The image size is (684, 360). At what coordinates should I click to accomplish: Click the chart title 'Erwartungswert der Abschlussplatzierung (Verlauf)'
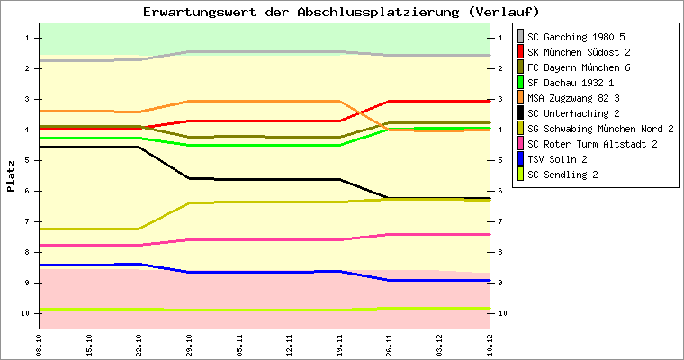(341, 12)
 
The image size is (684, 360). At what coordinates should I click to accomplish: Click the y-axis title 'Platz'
(11, 176)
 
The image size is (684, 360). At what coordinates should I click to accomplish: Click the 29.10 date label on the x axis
(189, 344)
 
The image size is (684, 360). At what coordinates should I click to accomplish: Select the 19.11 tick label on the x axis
(339, 344)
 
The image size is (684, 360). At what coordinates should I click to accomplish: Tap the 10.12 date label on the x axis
(489, 344)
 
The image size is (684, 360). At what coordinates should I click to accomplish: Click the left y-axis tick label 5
(28, 160)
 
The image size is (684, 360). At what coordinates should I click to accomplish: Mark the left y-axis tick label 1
(28, 38)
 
